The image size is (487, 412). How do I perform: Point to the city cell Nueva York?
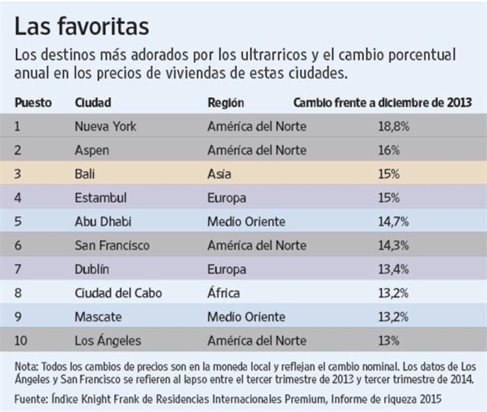tap(105, 127)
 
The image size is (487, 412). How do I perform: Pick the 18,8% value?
tap(394, 127)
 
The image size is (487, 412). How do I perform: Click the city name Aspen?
tap(91, 151)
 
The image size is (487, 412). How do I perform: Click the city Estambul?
tap(100, 198)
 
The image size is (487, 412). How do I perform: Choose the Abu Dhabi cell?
tap(103, 222)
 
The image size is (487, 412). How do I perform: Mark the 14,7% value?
tap(394, 222)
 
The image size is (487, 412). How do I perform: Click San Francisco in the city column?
tap(112, 246)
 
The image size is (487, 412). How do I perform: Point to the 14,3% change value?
tap(394, 246)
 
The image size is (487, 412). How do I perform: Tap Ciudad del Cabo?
tap(118, 293)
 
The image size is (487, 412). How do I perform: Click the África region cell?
tap(223, 293)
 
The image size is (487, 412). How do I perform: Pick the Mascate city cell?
tap(98, 317)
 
